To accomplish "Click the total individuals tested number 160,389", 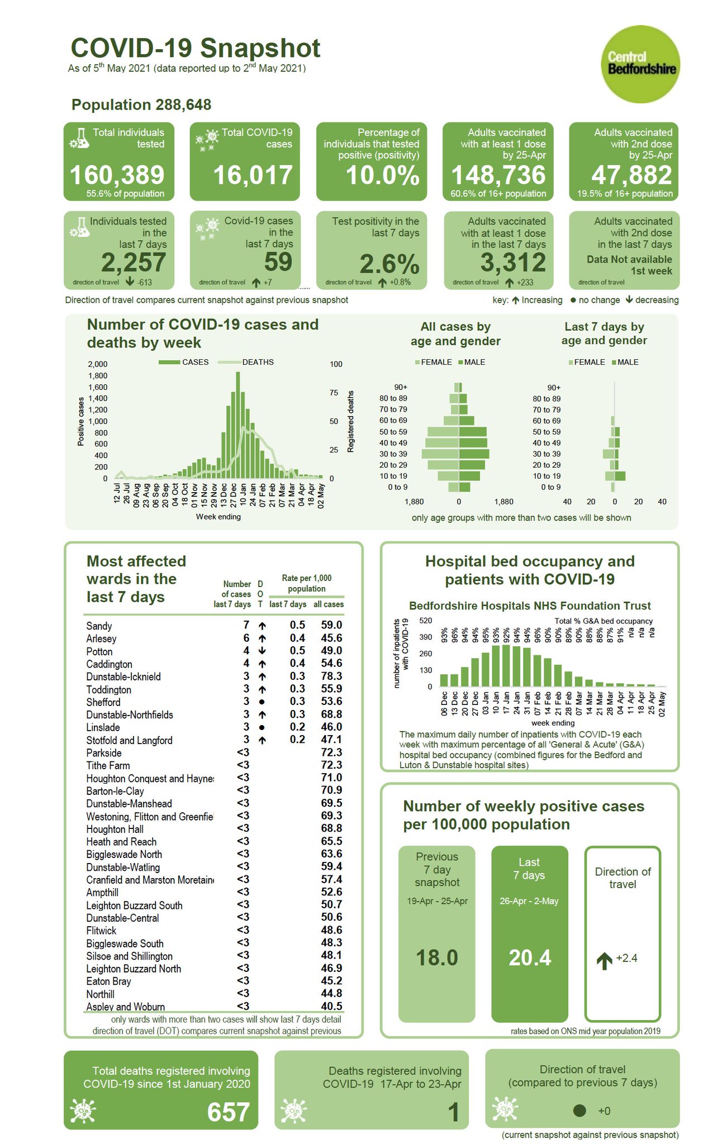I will [x=117, y=175].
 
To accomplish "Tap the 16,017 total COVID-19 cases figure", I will [x=253, y=175].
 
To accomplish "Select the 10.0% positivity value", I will [x=383, y=175].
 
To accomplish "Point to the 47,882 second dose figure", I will [x=631, y=175].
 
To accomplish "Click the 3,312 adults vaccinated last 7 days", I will [x=513, y=263].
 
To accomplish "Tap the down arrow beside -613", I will [x=130, y=282].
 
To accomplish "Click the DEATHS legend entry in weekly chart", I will [x=258, y=362].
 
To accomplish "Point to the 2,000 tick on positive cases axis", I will [x=98, y=364].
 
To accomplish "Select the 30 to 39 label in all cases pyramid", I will [x=393, y=454].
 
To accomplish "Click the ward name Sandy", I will [x=99, y=626].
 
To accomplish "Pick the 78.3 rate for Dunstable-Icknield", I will [x=331, y=676].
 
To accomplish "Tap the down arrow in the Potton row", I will [x=262, y=651].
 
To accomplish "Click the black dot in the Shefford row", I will [x=262, y=702].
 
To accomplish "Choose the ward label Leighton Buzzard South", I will [x=134, y=905].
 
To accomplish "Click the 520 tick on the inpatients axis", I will [x=425, y=621].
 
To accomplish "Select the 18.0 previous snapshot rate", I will [x=437, y=957].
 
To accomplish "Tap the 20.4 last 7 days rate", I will [x=530, y=957].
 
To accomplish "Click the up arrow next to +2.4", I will [x=604, y=961].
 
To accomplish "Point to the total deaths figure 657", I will [x=228, y=1112].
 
